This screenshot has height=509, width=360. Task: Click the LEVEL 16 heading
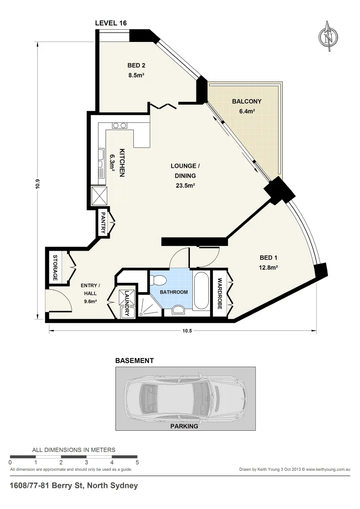[x=111, y=23]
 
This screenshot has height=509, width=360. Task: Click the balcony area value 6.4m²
[x=246, y=111]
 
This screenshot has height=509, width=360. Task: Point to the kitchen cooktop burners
[x=119, y=125]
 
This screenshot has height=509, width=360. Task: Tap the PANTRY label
[x=103, y=222]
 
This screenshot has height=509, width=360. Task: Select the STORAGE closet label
[x=55, y=268]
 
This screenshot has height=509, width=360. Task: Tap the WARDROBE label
[x=220, y=294]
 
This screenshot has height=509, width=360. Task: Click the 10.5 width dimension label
[x=187, y=330]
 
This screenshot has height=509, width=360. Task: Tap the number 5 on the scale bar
[x=137, y=462]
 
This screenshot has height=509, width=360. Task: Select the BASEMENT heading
[x=134, y=361]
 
